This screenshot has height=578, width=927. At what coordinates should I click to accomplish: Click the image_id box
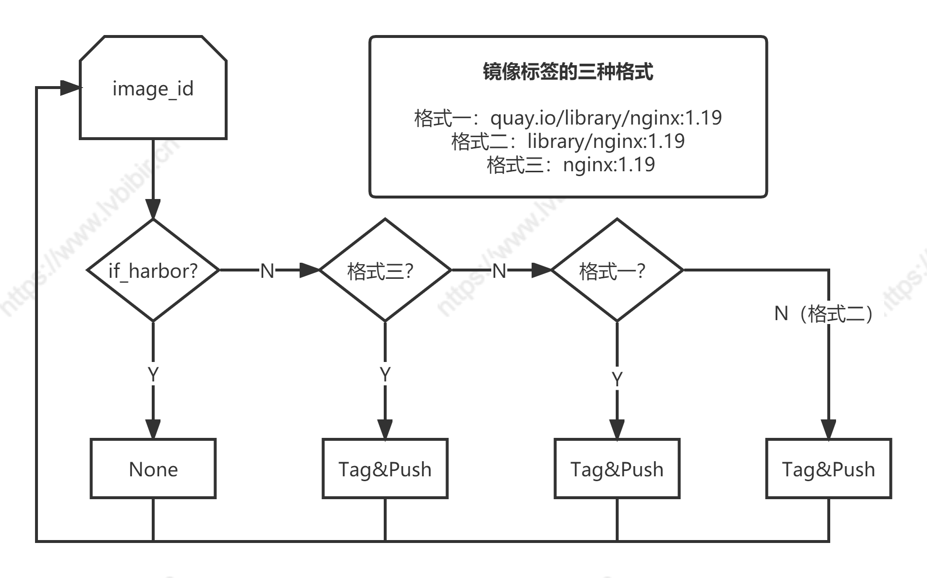pos(153,88)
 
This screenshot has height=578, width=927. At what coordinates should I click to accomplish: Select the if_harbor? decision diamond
pos(153,270)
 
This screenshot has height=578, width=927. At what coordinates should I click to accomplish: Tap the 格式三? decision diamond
pos(385,270)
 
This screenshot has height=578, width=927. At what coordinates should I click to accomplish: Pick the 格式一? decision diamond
pos(617,270)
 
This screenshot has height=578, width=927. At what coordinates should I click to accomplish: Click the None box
pos(153,469)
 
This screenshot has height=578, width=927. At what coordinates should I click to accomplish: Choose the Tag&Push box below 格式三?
pos(385,469)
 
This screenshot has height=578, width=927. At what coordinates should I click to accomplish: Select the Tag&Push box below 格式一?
pos(617,469)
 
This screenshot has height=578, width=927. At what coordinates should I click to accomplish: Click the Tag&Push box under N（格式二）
pos(828,469)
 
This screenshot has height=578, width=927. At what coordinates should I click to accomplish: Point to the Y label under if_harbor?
pos(153,374)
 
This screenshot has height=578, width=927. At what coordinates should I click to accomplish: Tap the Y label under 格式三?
pos(385,374)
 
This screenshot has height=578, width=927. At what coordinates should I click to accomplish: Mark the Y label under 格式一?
pos(617,379)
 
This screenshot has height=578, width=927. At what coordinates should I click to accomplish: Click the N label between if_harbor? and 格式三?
pos(267,271)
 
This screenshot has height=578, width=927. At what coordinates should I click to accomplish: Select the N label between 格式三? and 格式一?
pos(499,271)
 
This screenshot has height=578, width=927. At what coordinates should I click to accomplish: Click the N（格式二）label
pos(828,313)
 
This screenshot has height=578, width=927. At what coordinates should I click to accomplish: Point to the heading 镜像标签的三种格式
pos(568,72)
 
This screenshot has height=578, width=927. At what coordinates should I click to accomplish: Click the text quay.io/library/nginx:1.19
pos(606,118)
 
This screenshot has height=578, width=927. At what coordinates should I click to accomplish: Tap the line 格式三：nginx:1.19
pos(570,164)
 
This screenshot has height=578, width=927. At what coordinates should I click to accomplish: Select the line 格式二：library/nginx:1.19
pos(568,141)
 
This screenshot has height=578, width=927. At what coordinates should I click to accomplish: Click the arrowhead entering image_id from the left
pos(70,88)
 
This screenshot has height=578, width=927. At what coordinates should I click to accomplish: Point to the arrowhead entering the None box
pos(153,429)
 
